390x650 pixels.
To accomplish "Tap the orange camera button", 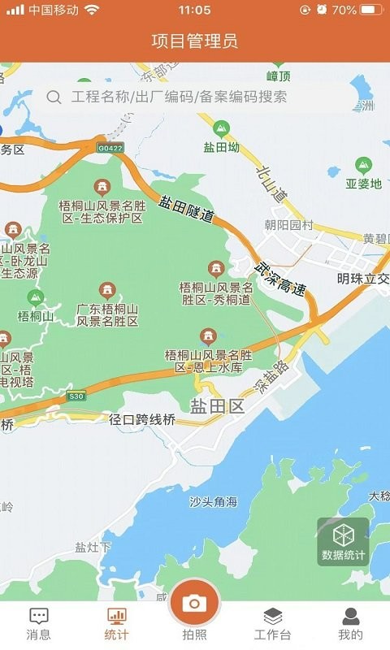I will pos(194,603).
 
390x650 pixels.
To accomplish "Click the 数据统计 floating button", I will pos(344,541).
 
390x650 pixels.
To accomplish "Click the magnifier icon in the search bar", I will pos(54,97).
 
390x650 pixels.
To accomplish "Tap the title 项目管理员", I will pos(195,41).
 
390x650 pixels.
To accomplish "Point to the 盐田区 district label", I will pos(217,406).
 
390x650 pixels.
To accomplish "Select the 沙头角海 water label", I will pos(214,502).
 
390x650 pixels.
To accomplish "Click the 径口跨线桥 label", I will pos(142,420).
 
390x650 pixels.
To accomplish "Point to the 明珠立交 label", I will pos(362,279).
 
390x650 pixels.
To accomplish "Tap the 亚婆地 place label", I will pos(363,184).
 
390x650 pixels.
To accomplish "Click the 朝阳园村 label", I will pos(288,225).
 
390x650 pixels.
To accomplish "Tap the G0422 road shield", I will pos(110,148).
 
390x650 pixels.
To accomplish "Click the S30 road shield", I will pos(76,396).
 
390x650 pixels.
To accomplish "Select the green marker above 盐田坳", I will pos(221,128).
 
